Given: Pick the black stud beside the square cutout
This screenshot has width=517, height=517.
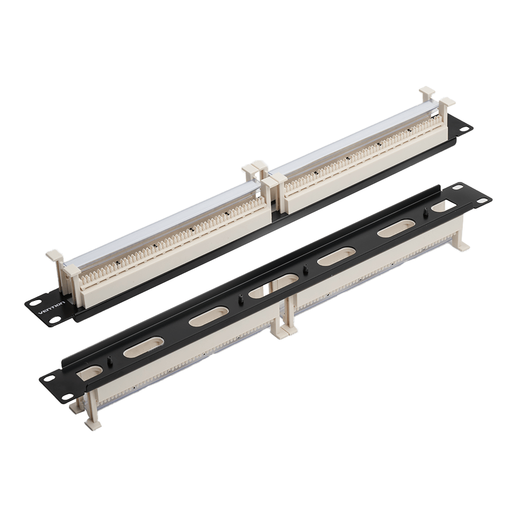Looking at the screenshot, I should tap(425, 211).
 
